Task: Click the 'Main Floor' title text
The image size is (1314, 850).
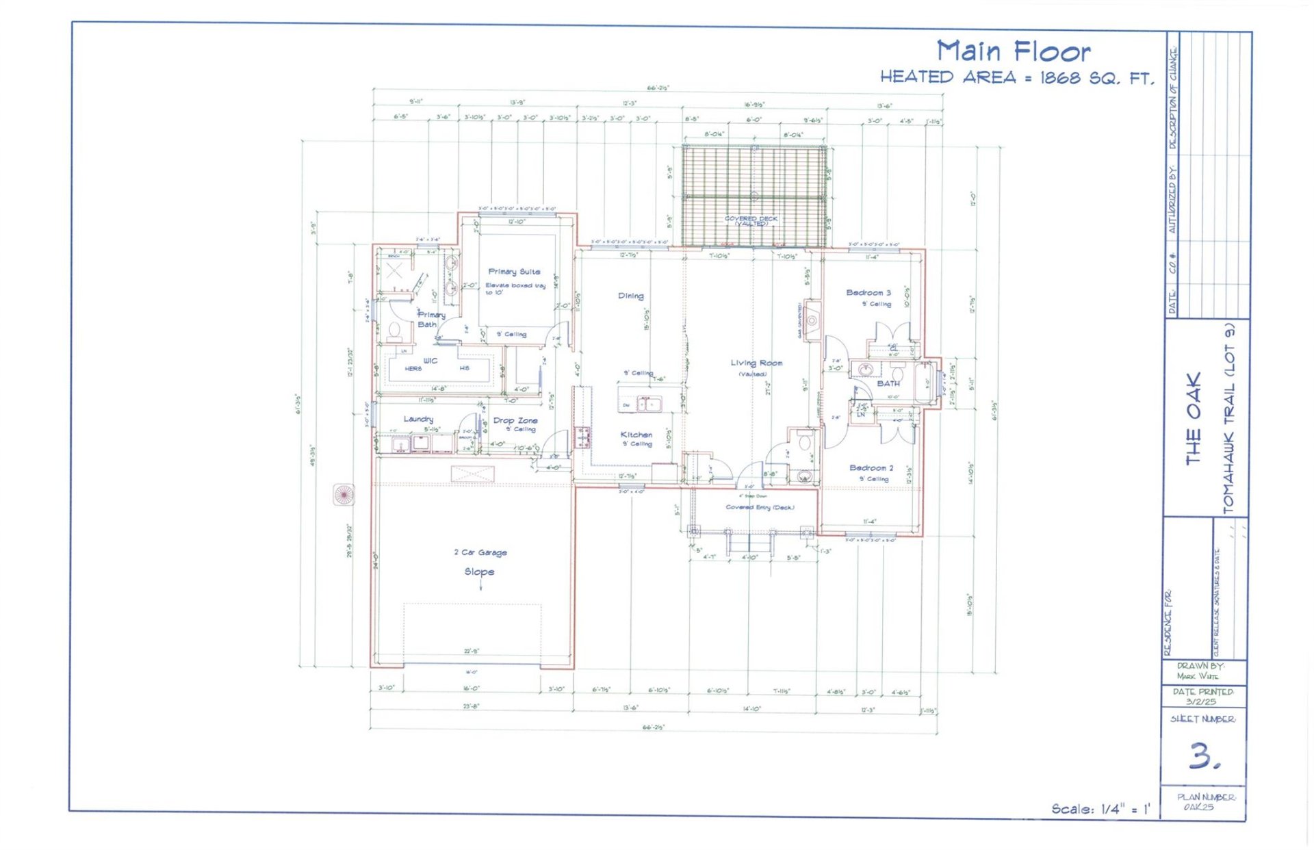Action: pyautogui.click(x=1013, y=52)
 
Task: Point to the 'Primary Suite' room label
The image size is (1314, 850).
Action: pyautogui.click(x=514, y=272)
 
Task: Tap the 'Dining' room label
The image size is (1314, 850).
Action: pyautogui.click(x=630, y=296)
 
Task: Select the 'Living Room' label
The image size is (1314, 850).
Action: pyautogui.click(x=756, y=363)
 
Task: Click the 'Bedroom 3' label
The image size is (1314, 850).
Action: pyautogui.click(x=868, y=293)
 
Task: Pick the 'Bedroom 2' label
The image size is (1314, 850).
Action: pyautogui.click(x=871, y=468)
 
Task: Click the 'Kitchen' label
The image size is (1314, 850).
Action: pyautogui.click(x=636, y=435)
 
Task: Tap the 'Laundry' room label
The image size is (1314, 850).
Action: pyautogui.click(x=417, y=419)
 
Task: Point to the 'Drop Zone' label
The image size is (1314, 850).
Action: pyautogui.click(x=515, y=420)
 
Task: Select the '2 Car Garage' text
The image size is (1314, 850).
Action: pyautogui.click(x=480, y=552)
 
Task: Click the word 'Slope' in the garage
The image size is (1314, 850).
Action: pyautogui.click(x=479, y=571)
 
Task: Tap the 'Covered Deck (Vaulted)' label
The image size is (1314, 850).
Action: pyautogui.click(x=751, y=220)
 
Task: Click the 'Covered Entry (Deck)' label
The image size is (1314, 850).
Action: pyautogui.click(x=760, y=508)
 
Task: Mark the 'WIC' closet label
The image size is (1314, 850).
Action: pyautogui.click(x=430, y=361)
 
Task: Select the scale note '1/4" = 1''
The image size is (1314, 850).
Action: pyautogui.click(x=1125, y=809)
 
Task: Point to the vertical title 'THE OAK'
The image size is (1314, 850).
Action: pyautogui.click(x=1193, y=419)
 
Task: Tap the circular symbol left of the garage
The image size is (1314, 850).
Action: pyautogui.click(x=344, y=493)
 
